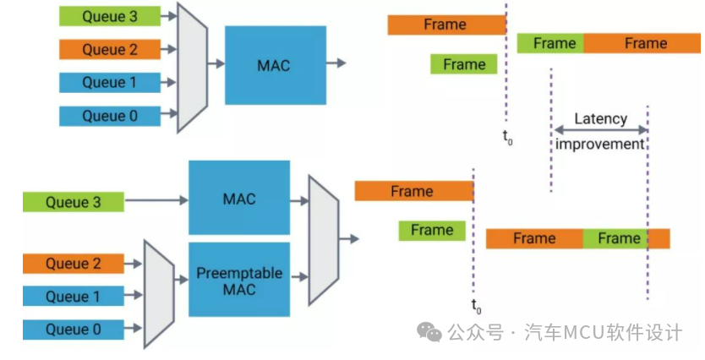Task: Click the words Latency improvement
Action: (600, 131)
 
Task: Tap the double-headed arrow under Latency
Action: (600, 129)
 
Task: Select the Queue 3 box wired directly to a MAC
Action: (73, 202)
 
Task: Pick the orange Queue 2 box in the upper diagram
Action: (110, 49)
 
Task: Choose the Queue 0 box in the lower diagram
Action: (73, 330)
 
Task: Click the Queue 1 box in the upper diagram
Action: (110, 83)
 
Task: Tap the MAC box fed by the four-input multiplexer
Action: (275, 64)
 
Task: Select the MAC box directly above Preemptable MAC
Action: (239, 199)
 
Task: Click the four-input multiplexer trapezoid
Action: (192, 66)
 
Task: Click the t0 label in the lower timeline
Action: (476, 305)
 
